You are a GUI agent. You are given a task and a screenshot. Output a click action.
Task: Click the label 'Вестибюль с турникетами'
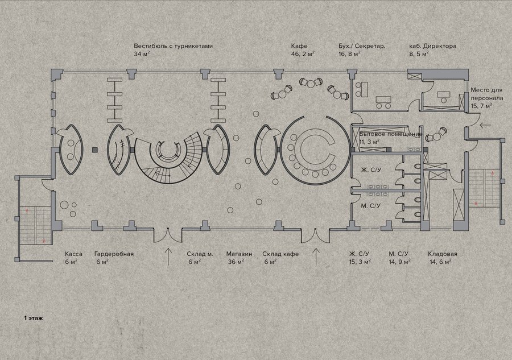173,46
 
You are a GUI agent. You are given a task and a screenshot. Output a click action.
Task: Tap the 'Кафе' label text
299,46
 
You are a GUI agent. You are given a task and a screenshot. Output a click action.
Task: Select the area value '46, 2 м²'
303,54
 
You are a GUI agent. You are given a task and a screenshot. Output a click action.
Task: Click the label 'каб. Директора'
433,46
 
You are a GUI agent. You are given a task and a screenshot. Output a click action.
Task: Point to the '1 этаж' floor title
34,317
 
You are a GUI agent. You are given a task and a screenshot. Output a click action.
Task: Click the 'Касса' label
73,254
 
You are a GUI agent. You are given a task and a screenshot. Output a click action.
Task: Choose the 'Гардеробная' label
114,254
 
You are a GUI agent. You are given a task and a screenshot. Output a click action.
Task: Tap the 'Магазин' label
239,254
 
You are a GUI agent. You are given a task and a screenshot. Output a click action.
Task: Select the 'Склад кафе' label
280,254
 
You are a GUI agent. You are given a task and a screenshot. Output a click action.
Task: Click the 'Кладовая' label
443,254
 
